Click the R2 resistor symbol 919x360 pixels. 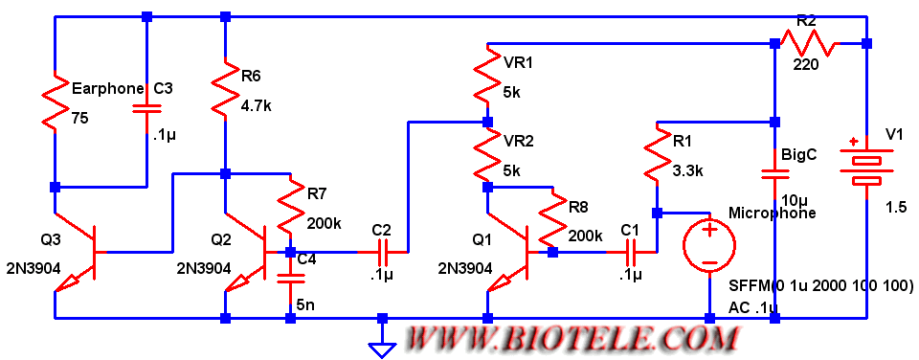[x=810, y=43]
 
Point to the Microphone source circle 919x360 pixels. [x=708, y=244]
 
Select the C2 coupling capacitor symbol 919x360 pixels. [x=383, y=252]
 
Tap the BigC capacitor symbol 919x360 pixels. [x=774, y=173]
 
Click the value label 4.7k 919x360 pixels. [x=258, y=108]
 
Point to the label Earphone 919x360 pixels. [x=107, y=89]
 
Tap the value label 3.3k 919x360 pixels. [x=688, y=171]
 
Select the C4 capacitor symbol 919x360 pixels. [x=290, y=278]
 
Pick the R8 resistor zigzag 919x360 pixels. [x=553, y=219]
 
